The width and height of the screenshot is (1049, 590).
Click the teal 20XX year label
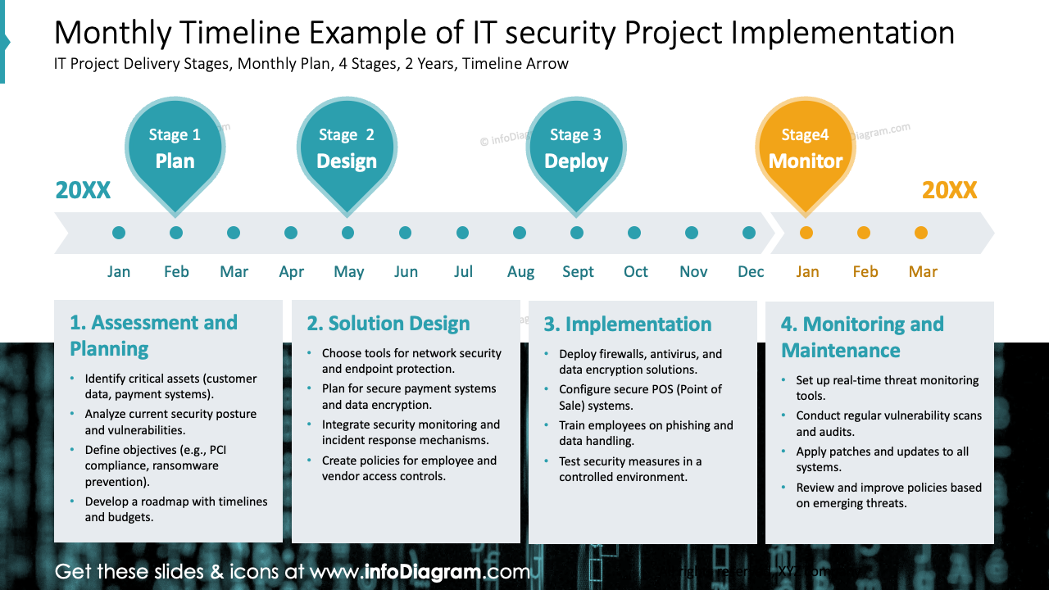(83, 190)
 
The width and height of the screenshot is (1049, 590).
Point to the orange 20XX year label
(949, 190)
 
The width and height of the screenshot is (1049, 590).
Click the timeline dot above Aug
(520, 233)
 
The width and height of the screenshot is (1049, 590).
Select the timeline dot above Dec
(749, 233)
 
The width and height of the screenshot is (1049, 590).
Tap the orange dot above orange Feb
(864, 233)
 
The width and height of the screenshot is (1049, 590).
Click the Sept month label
(578, 272)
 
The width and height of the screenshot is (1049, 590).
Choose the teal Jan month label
(119, 272)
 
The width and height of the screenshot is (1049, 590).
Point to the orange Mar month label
(923, 272)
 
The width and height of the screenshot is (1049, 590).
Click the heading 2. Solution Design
(388, 324)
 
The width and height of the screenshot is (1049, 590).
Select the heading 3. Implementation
(628, 324)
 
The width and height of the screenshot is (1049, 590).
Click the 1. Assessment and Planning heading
(153, 335)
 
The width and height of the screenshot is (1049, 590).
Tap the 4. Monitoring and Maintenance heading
(862, 337)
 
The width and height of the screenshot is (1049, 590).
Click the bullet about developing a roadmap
(175, 509)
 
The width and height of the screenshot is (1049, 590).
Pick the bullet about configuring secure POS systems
(640, 397)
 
